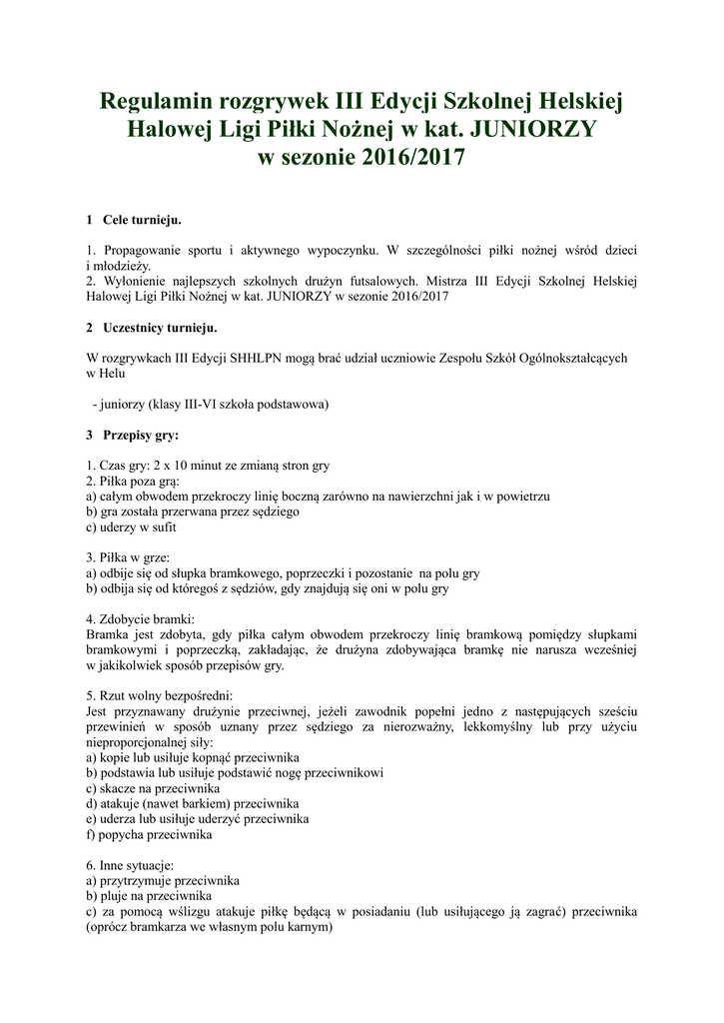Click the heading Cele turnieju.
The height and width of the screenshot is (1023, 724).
pos(142,219)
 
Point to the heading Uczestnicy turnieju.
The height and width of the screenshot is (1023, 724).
pos(160,327)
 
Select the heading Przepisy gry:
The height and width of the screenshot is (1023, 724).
pos(141,435)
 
